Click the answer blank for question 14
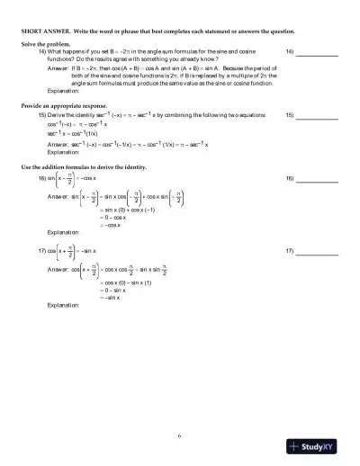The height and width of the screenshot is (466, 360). (x=317, y=53)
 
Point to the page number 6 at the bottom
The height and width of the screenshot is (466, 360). (x=180, y=435)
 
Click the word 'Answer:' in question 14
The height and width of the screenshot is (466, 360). (x=58, y=67)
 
